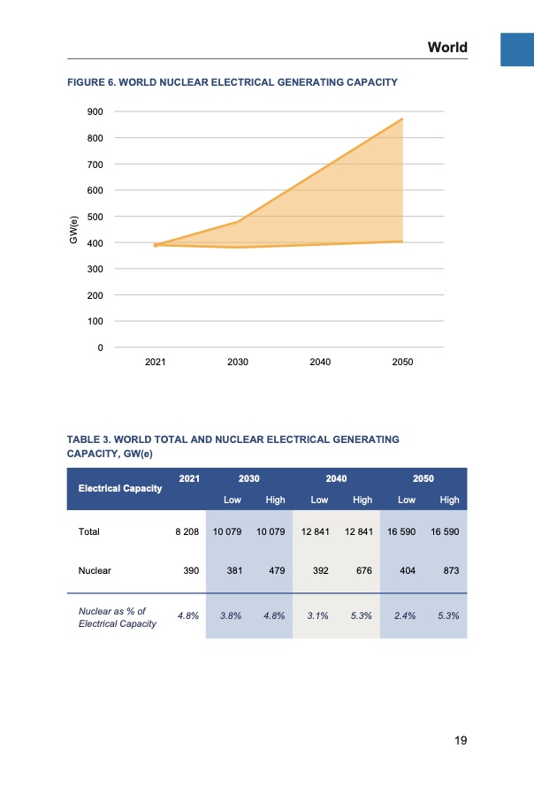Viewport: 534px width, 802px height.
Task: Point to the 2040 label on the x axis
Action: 320,362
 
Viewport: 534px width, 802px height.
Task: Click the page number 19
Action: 459,740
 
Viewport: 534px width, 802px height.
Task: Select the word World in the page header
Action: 447,47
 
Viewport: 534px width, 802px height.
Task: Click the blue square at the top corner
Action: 516,50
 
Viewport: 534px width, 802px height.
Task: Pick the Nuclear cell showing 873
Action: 450,571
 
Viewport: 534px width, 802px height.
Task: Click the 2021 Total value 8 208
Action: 184,532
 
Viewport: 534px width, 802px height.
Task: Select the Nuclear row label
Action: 94,571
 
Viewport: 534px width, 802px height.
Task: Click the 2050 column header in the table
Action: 423,478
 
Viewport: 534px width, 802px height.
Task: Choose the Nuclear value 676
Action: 362,571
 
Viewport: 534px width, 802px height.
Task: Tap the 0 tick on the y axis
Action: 100,348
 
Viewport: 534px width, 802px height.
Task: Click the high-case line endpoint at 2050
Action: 402,118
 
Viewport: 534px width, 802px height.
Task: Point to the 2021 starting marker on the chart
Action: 156,245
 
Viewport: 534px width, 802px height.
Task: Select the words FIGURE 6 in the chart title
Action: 95,82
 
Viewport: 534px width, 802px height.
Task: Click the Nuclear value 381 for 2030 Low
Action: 234,571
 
